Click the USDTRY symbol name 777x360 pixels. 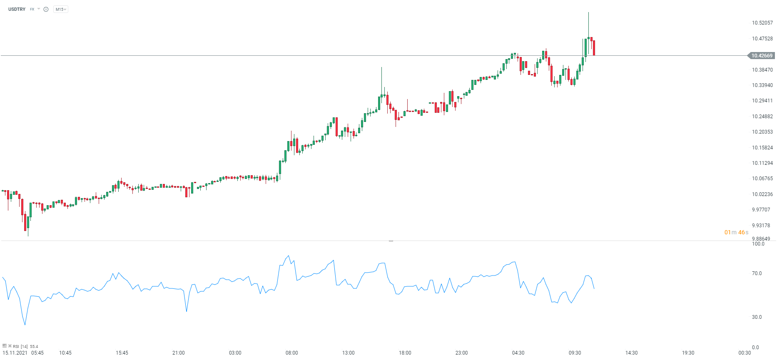[x=17, y=9]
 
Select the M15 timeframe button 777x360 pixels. [x=60, y=9]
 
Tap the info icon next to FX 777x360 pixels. [x=46, y=9]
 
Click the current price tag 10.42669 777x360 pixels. [x=762, y=56]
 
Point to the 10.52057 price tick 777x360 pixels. [x=762, y=23]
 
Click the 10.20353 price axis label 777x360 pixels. [x=762, y=132]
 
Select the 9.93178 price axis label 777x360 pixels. [x=761, y=226]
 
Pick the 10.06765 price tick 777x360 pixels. [x=762, y=179]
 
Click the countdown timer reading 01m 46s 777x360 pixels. [x=736, y=232]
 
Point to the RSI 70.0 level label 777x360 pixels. [x=757, y=273]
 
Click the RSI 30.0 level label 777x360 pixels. [x=757, y=317]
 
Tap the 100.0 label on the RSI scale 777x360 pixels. [x=758, y=244]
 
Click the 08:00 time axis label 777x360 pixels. [x=291, y=353]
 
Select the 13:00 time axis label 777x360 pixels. [x=348, y=353]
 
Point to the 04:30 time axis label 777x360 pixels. [x=518, y=353]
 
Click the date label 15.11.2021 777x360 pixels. [x=15, y=353]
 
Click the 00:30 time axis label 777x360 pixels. [x=745, y=353]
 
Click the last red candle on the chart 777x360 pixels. [x=594, y=47]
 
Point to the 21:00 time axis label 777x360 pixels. [x=178, y=353]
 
